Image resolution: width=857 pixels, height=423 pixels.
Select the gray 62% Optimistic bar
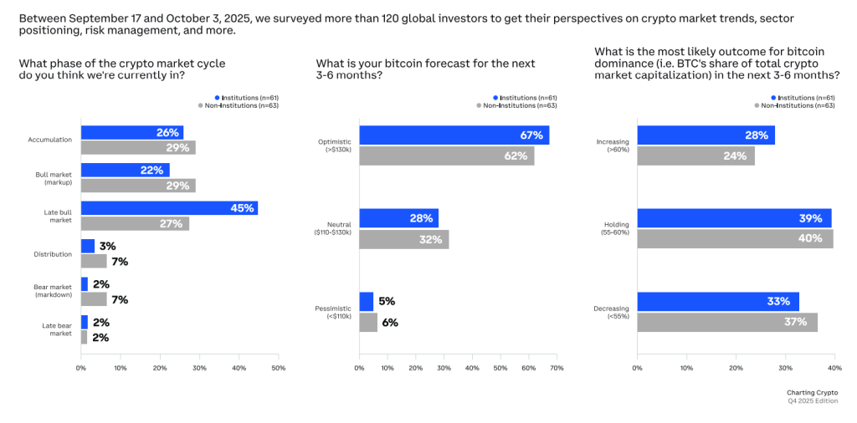(x=446, y=155)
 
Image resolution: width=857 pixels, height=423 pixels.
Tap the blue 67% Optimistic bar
(x=454, y=135)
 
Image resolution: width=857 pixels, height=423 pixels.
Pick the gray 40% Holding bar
(x=735, y=238)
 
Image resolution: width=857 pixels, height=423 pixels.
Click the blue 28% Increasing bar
(x=706, y=135)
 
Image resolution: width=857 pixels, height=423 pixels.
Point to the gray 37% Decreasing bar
(x=726, y=322)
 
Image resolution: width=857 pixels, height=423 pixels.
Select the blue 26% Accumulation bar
(x=132, y=133)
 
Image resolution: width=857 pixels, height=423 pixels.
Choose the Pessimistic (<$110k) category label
(x=334, y=312)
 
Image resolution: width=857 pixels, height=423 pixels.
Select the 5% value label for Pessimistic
(x=387, y=302)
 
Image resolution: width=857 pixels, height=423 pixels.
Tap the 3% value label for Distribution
(x=106, y=247)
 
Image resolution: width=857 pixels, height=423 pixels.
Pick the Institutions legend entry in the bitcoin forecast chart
(x=525, y=98)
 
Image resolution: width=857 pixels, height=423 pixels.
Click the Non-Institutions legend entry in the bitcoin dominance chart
(x=798, y=105)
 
